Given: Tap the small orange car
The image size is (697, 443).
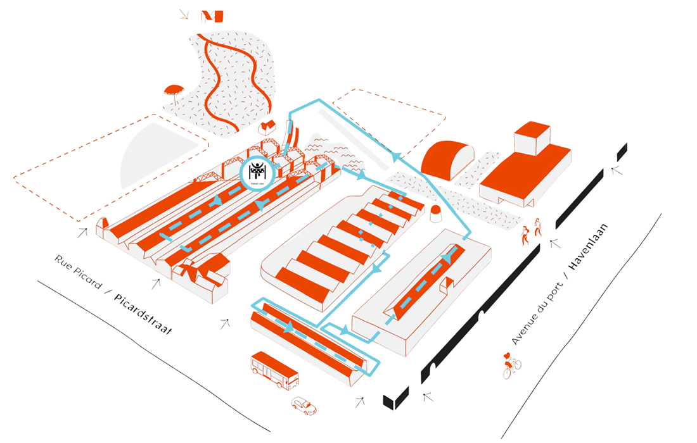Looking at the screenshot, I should (x=304, y=405).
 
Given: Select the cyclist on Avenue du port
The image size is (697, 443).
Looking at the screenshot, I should (x=511, y=366).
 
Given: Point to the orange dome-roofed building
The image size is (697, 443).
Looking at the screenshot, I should (x=447, y=158).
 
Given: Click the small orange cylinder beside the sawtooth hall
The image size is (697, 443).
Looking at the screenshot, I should (x=436, y=213).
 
